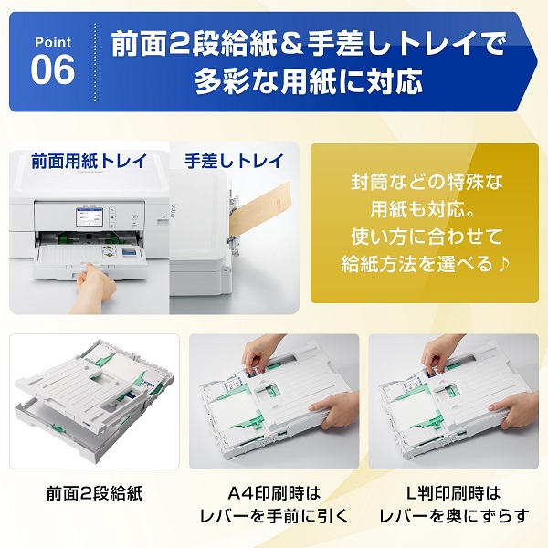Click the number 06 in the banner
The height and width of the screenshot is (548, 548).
click(x=52, y=69)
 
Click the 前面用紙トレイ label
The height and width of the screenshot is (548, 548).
click(x=88, y=161)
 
